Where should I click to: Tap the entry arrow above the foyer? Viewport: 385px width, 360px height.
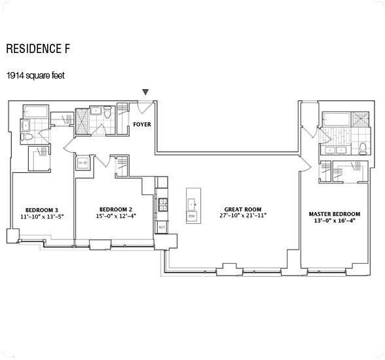click(145, 92)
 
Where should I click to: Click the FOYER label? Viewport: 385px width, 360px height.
click(142, 123)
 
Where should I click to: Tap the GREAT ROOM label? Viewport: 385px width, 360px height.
click(239, 207)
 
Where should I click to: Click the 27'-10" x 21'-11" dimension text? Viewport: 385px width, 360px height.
click(239, 215)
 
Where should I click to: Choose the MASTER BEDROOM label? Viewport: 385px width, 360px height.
click(334, 213)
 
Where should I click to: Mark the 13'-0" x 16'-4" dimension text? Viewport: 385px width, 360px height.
click(334, 221)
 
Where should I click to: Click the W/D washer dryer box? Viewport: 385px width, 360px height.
click(83, 163)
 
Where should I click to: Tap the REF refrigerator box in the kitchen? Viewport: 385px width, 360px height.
click(161, 226)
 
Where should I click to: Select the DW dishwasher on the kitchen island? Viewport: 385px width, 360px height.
click(191, 215)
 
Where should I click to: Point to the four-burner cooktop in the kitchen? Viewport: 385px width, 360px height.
click(161, 204)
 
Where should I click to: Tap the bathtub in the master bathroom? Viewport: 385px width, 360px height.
click(335, 118)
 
